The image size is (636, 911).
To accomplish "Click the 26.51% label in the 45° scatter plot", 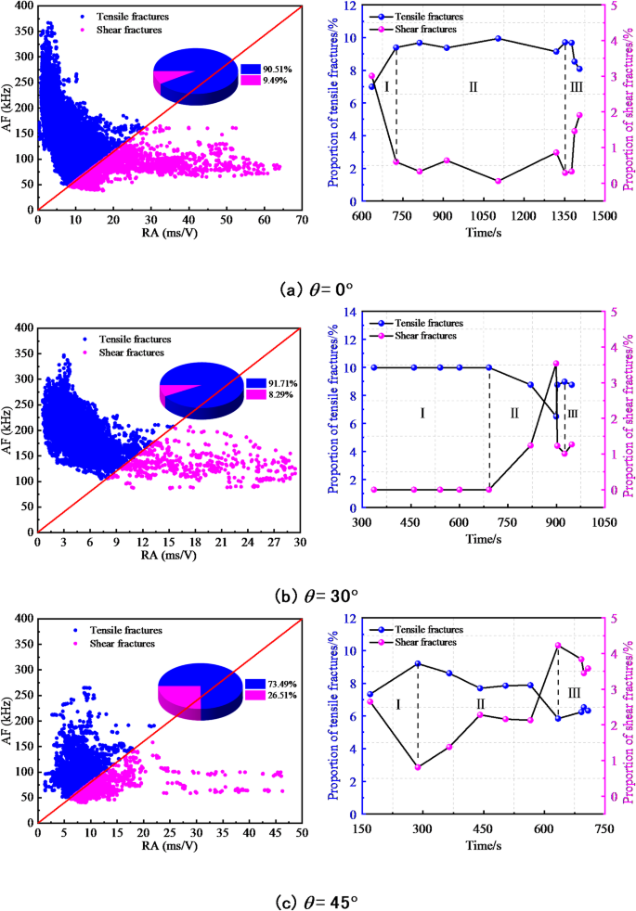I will tap(280, 693).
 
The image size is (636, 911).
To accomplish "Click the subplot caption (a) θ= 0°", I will tap(318, 289).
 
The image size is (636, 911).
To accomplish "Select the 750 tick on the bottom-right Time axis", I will tap(604, 828).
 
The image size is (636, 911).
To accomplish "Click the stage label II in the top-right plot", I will tap(473, 88).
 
